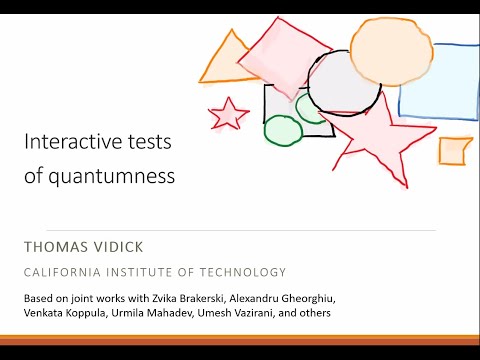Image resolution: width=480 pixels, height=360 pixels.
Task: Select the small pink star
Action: [x=229, y=113]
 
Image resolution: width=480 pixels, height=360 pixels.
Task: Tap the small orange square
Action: [x=454, y=150]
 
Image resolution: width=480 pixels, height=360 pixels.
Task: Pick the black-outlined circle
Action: [x=344, y=83]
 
